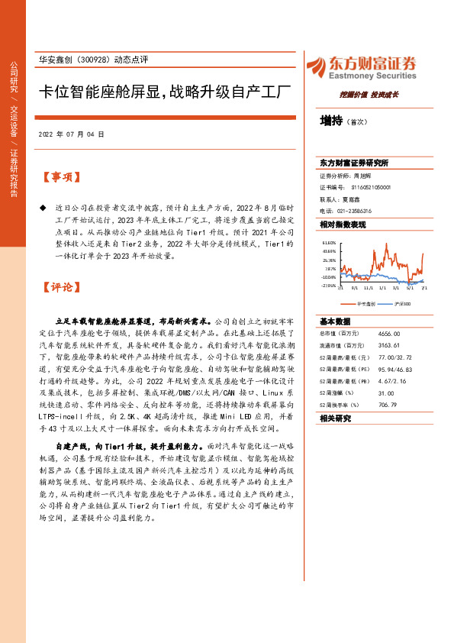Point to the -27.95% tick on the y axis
329,286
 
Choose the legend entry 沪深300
401,303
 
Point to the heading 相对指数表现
343,225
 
